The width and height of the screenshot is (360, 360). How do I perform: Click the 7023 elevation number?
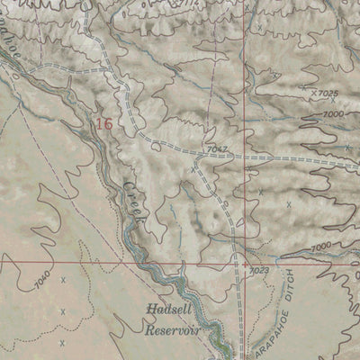258,269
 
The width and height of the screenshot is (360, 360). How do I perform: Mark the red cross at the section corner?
244,262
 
